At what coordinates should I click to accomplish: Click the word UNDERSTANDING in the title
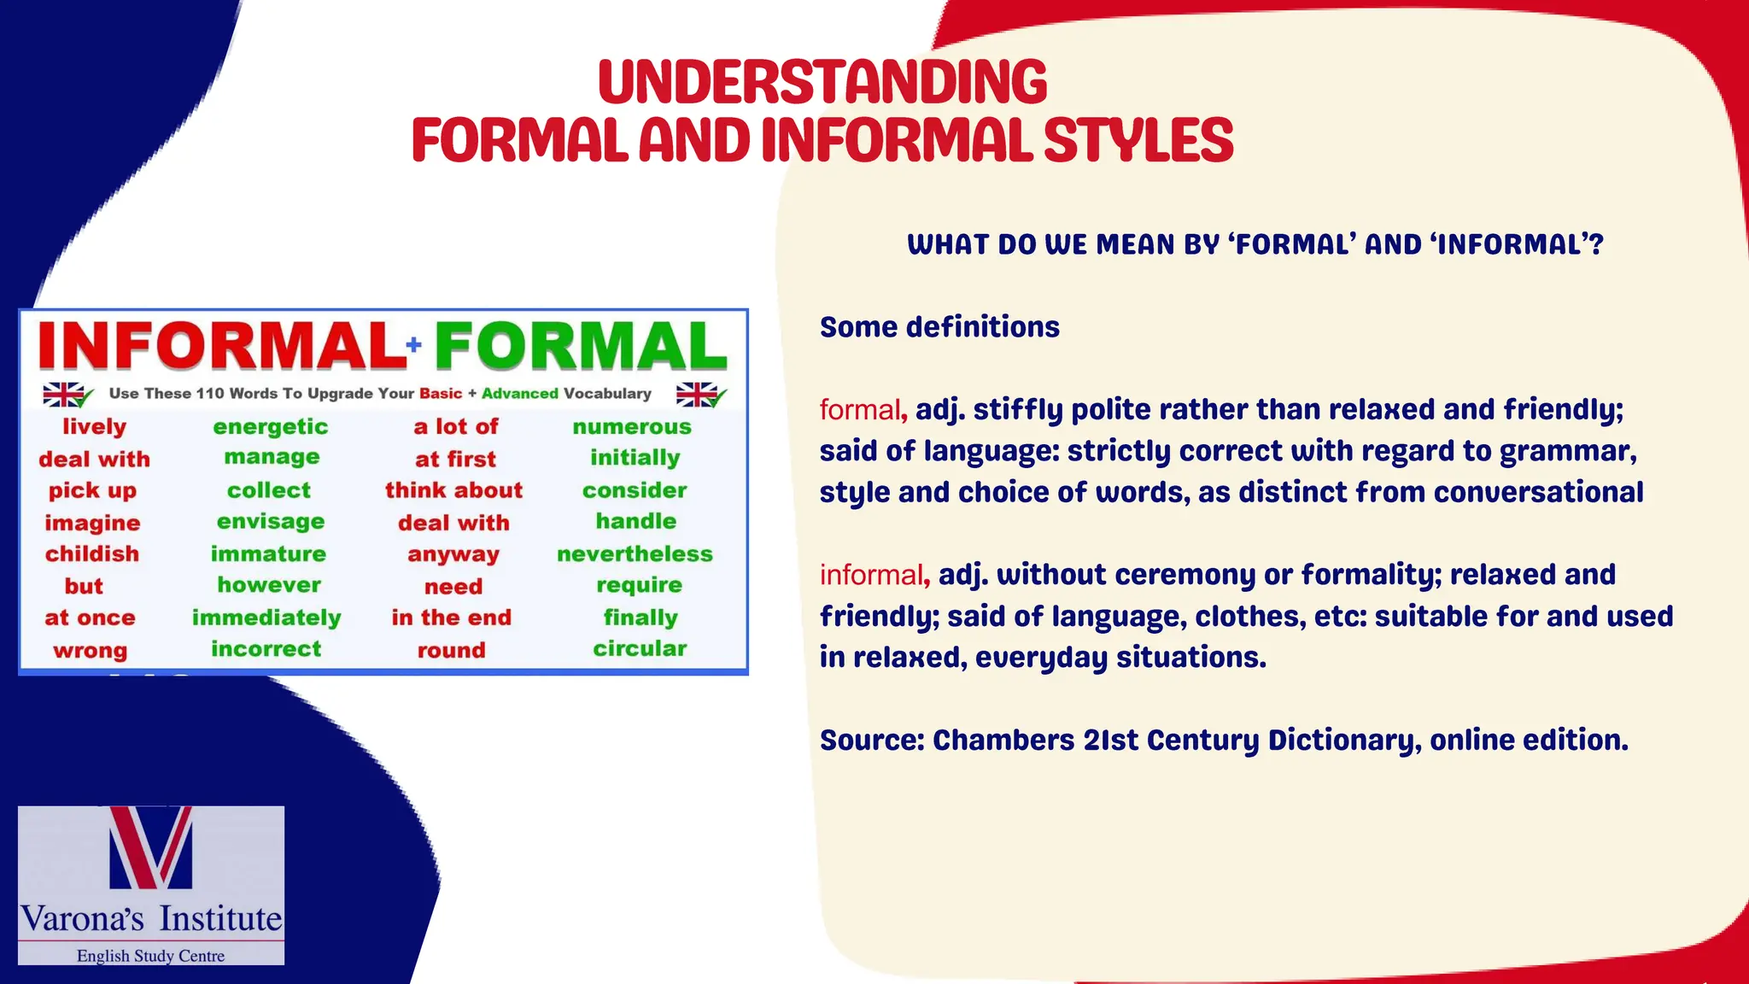tap(822, 83)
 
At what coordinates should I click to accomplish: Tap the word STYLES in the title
tap(1138, 141)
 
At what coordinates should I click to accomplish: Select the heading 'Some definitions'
tap(939, 327)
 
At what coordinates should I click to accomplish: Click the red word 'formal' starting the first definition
tap(860, 410)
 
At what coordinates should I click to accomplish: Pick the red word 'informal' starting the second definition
tap(871, 575)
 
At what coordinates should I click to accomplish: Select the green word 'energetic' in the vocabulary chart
tap(270, 427)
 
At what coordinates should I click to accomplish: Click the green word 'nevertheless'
tap(635, 554)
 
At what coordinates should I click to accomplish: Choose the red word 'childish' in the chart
tap(92, 554)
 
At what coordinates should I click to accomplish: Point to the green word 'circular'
tap(640, 649)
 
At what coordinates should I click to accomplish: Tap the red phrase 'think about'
tap(453, 490)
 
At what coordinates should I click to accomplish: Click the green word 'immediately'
tap(266, 618)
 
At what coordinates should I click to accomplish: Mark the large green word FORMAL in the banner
tap(581, 346)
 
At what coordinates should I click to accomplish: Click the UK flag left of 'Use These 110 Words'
tap(65, 395)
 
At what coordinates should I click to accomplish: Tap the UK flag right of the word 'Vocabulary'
tap(698, 395)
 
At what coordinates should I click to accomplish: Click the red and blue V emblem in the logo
tap(151, 847)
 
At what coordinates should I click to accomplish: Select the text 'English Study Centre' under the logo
tap(151, 956)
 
